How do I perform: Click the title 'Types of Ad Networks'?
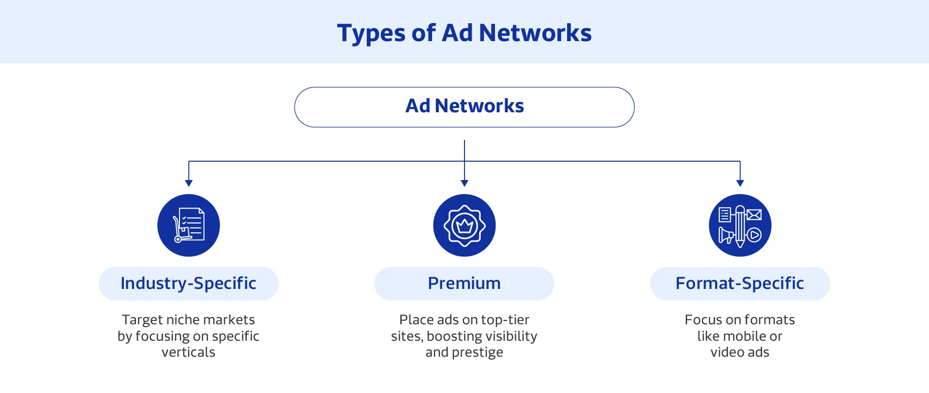point(464,33)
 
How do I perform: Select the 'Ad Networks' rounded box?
point(464,106)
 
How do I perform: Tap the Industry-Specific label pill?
point(188,283)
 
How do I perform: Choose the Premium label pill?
point(464,283)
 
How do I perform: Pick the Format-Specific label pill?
point(740,283)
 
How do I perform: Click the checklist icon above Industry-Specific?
point(189,225)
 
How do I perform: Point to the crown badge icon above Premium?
point(464,225)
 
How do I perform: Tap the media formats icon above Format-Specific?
point(740,225)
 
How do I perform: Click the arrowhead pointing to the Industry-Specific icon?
point(189,183)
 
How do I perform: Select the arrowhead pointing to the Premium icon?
point(464,183)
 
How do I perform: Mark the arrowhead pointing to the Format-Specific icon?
point(740,183)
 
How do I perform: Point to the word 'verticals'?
point(188,352)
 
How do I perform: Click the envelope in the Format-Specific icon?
point(754,214)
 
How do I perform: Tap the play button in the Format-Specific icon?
point(754,235)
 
